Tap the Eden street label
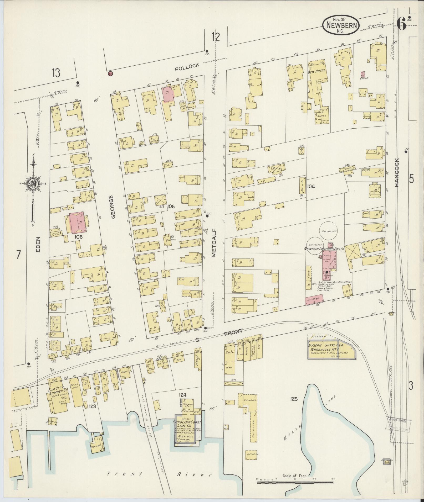click(38, 245)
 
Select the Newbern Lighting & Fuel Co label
click(324, 248)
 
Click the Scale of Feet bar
click(294, 480)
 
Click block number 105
click(171, 207)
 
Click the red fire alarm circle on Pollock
click(110, 74)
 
